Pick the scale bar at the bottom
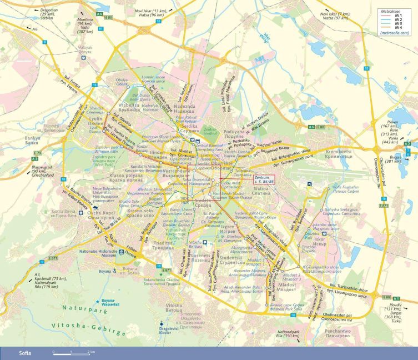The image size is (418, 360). tap(72, 352)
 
